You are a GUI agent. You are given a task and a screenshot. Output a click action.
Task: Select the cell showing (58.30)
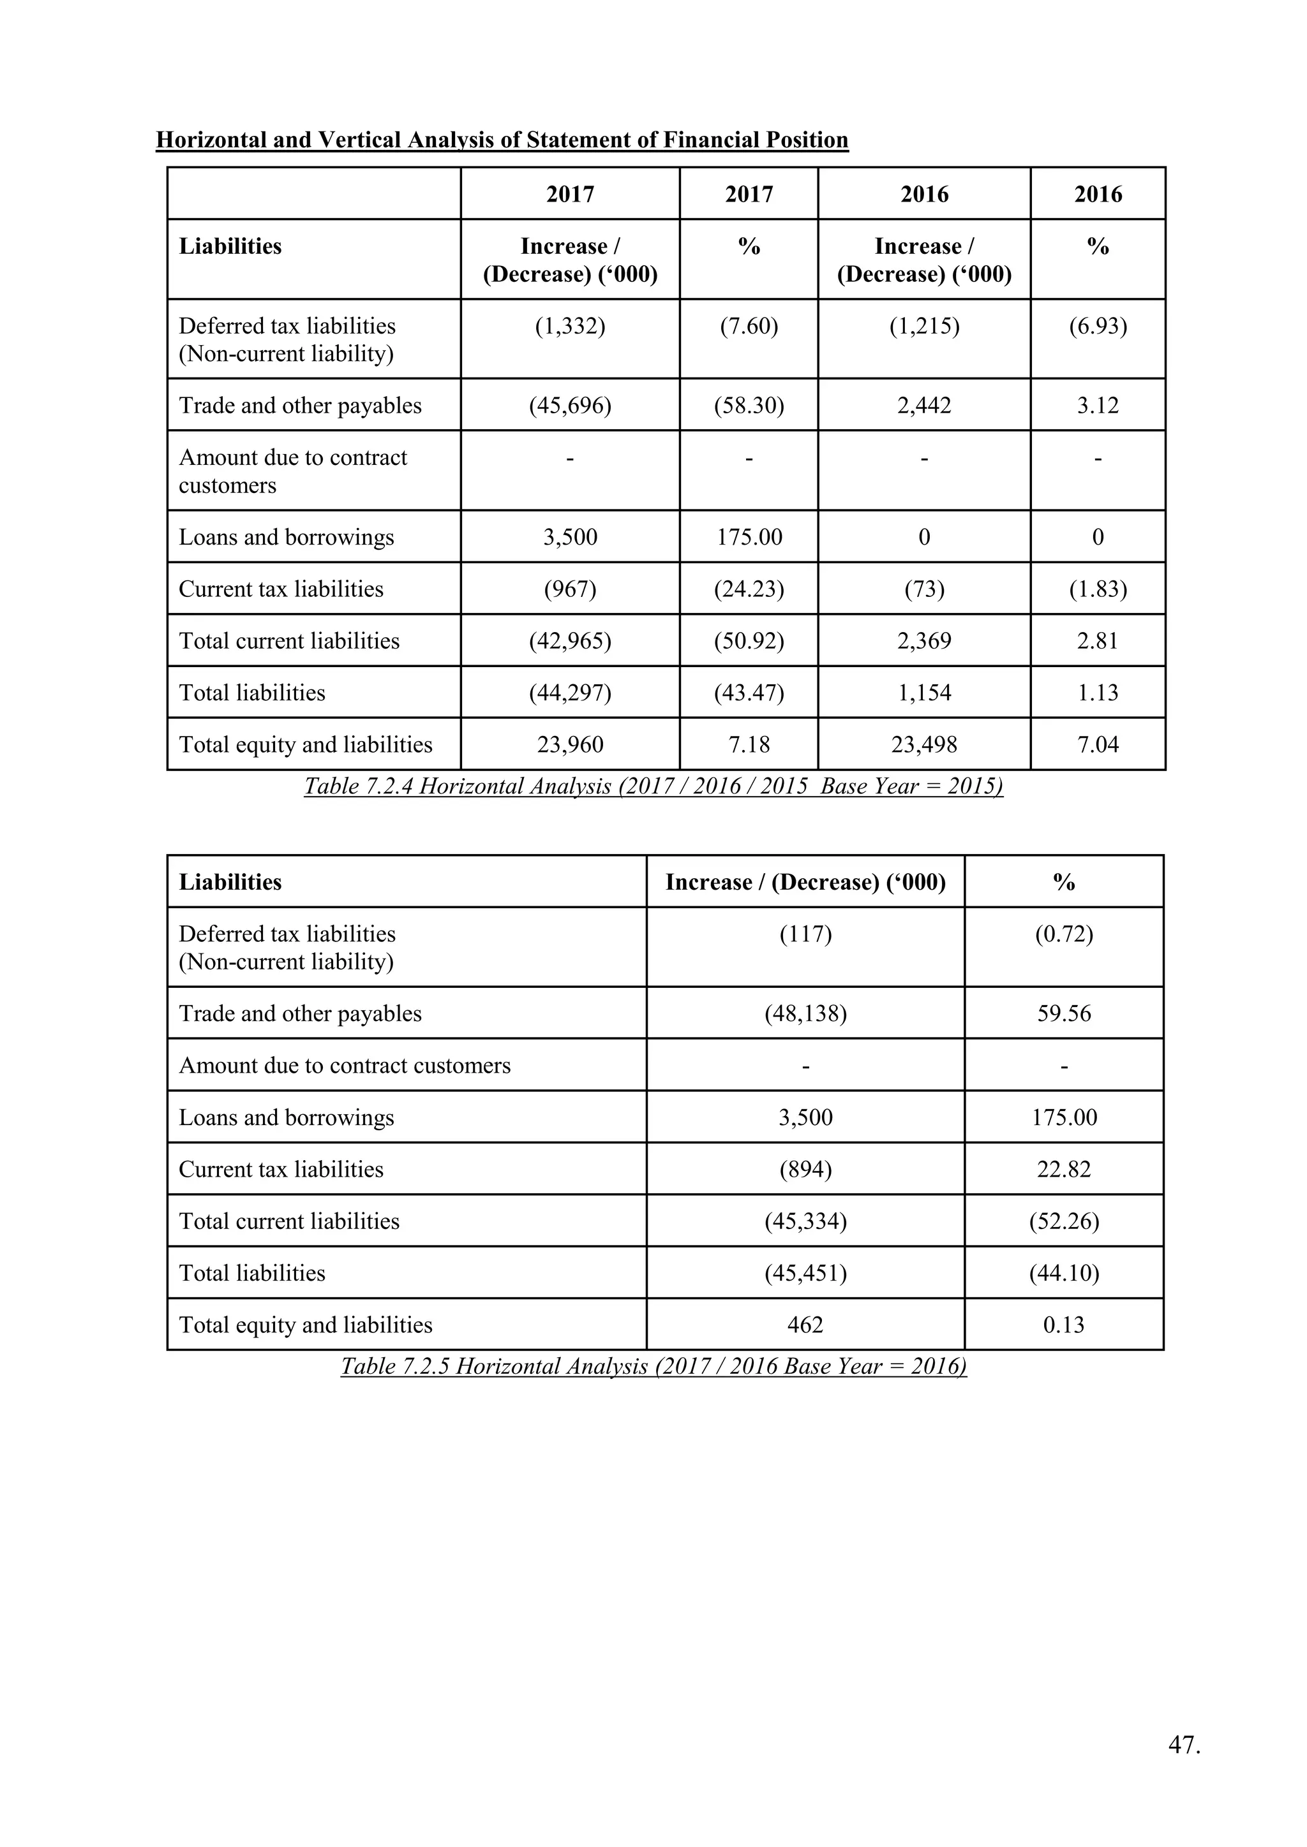tap(749, 406)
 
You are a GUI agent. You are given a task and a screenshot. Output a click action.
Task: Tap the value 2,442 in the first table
tap(924, 406)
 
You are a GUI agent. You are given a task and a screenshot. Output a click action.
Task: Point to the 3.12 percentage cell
tap(1098, 406)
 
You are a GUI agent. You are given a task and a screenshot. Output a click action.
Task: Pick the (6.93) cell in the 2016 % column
tap(1098, 327)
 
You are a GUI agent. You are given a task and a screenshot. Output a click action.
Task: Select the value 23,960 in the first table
tap(570, 745)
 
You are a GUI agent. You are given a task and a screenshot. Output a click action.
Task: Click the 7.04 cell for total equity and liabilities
tap(1098, 745)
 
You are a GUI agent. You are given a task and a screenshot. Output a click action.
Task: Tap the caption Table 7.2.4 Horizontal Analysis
tap(653, 786)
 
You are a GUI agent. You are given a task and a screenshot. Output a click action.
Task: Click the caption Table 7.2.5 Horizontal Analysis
tap(653, 1366)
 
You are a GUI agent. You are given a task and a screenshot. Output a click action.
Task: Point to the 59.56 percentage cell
tap(1064, 1013)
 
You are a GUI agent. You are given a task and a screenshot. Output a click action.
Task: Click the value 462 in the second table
tap(805, 1325)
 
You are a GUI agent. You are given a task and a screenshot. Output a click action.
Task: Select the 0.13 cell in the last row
tap(1064, 1325)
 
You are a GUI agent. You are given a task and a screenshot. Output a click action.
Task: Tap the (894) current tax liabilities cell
tap(805, 1170)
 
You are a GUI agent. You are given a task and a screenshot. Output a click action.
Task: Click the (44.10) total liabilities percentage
tap(1064, 1274)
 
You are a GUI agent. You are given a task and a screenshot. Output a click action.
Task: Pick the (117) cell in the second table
tap(805, 935)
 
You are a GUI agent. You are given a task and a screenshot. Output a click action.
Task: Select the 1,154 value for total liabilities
tap(924, 693)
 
